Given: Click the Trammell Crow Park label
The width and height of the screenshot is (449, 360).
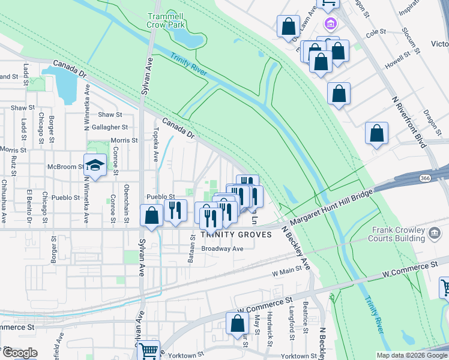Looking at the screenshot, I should [165, 20].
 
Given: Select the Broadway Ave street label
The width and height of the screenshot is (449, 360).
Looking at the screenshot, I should [222, 248].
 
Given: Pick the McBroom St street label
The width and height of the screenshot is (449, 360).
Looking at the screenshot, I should [65, 166].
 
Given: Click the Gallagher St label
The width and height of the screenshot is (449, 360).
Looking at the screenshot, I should [113, 127].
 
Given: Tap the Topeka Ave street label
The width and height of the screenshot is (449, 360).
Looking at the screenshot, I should [156, 139].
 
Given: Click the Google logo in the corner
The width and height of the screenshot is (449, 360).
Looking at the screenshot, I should [20, 353].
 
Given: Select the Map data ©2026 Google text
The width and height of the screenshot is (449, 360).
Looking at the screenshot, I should [411, 355].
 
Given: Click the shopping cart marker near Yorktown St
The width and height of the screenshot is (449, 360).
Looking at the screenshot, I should [148, 350].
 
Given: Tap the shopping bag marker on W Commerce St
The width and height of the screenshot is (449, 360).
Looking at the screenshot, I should [238, 323].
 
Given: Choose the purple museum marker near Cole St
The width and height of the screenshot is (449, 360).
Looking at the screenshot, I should [330, 25].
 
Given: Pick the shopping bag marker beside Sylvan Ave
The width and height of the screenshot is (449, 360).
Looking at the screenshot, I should [152, 215].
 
